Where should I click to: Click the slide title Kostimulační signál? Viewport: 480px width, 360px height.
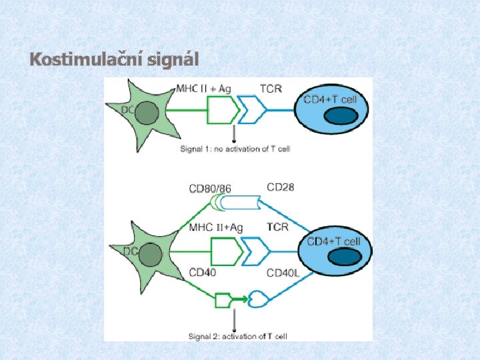pyautogui.click(x=114, y=59)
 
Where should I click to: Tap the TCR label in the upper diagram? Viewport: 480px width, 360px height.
pyautogui.click(x=270, y=88)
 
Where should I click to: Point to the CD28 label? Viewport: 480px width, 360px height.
pyautogui.click(x=280, y=187)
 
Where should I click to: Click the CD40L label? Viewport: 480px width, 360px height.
pyautogui.click(x=283, y=273)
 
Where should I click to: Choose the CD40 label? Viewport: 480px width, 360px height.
pyautogui.click(x=203, y=272)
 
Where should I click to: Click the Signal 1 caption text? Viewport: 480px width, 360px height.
pyautogui.click(x=235, y=149)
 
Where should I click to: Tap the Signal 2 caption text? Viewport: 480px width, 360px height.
pyautogui.click(x=238, y=336)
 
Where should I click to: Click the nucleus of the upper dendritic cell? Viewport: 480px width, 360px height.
pyautogui.click(x=145, y=111)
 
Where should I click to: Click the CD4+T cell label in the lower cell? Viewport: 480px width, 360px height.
pyautogui.click(x=334, y=241)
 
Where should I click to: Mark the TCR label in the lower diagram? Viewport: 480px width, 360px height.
pyautogui.click(x=277, y=227)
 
